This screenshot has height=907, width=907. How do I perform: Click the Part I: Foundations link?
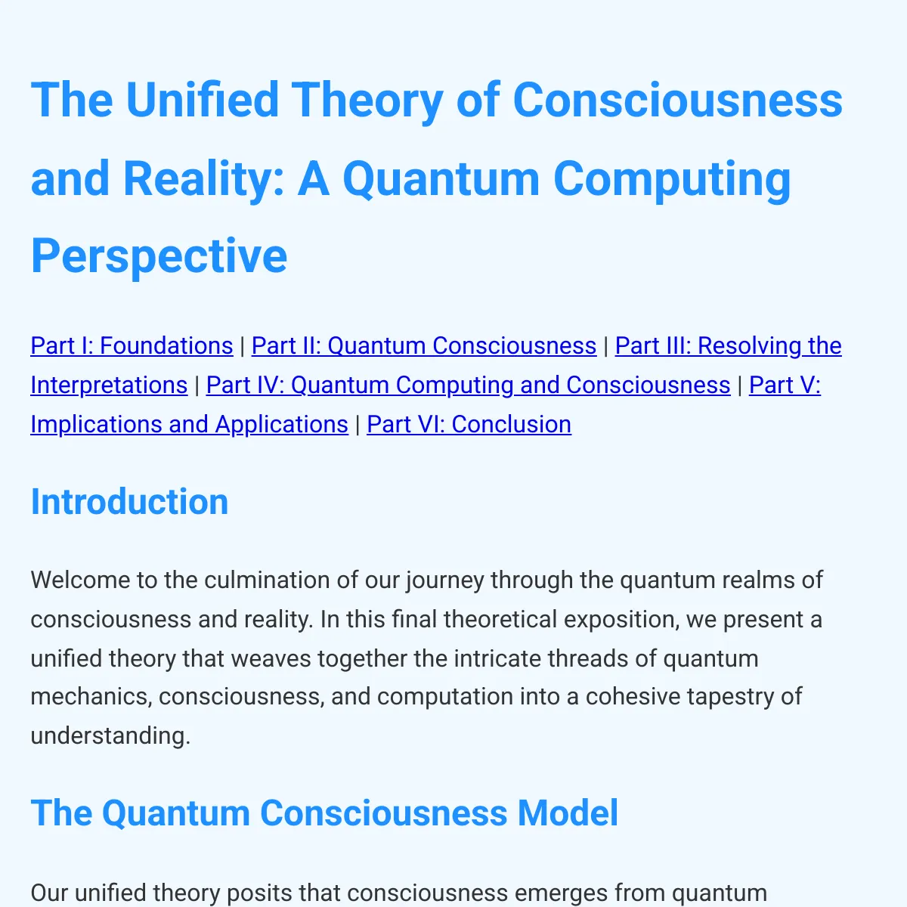[132, 346]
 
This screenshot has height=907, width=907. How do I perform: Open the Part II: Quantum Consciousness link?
[424, 346]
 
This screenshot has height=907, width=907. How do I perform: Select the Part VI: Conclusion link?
[469, 425]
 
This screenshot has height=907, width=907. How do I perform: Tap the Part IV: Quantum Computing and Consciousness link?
[469, 385]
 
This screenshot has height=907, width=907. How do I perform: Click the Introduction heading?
[129, 502]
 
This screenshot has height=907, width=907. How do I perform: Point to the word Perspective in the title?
[159, 256]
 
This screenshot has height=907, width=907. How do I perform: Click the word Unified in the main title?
[203, 100]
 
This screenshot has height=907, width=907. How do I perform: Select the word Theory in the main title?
[367, 101]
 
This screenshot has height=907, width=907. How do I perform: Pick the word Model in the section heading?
[568, 813]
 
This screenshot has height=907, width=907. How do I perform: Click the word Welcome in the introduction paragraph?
[80, 580]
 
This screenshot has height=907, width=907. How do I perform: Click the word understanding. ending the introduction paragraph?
[110, 736]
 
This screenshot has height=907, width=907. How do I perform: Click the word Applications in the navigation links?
[281, 425]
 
